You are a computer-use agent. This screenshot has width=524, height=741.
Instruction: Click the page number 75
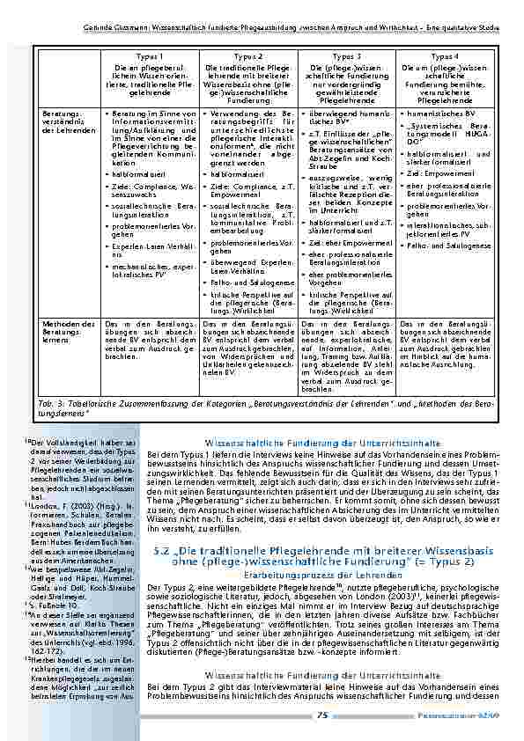[321, 715]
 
